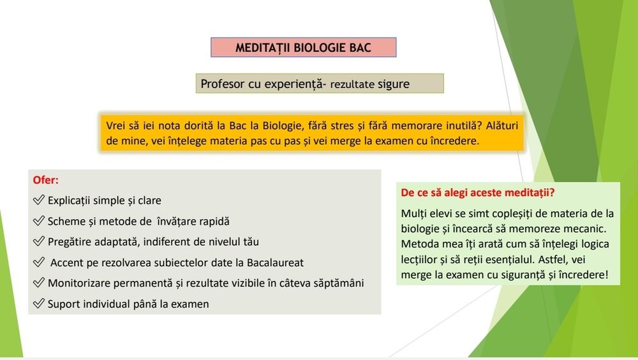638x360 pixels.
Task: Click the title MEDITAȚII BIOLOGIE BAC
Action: [x=303, y=47]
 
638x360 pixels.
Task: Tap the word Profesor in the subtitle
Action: [x=222, y=84]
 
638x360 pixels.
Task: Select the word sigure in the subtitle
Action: [x=394, y=84]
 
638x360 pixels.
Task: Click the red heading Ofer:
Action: [x=45, y=180]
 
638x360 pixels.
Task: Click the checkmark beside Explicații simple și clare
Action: [x=39, y=200]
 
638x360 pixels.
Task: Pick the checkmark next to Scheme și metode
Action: [x=39, y=220]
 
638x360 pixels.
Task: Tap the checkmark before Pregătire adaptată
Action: [x=39, y=241]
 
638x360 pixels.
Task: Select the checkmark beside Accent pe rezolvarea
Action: [x=39, y=262]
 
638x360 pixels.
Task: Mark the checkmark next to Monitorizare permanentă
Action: [x=39, y=282]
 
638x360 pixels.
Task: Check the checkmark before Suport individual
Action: [x=39, y=303]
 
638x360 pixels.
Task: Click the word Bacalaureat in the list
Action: [x=275, y=263]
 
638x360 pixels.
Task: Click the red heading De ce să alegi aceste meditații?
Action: [x=478, y=192]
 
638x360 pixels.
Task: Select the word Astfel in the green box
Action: [x=552, y=259]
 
